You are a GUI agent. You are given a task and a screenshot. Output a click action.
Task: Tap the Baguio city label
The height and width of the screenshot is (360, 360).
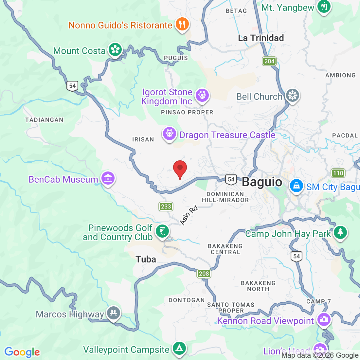coord(262,182)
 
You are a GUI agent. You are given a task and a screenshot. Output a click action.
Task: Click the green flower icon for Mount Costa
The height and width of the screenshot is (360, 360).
coord(115,50)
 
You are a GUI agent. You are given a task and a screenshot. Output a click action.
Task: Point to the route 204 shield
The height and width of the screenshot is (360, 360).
coord(269,61)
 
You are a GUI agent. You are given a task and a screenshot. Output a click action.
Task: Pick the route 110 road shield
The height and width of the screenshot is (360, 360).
coord(338,173)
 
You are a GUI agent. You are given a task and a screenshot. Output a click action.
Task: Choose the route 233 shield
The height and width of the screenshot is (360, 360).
coord(166,207)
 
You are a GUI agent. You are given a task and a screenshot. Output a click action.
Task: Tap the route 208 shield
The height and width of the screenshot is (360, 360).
coord(204,274)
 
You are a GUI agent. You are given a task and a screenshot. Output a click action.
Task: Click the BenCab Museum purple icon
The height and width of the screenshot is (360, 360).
coord(108,178)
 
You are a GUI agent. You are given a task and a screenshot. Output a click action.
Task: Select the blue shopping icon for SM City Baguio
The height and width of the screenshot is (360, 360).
coord(296,186)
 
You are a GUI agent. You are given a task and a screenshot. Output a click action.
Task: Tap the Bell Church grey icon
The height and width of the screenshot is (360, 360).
coord(292,96)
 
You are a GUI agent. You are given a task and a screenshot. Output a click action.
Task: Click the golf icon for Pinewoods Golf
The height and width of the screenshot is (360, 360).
coord(162,231)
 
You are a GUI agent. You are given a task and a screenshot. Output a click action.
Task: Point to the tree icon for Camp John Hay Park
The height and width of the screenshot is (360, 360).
coord(340,232)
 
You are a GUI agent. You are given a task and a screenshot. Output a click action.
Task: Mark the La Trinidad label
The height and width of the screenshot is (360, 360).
coord(261,38)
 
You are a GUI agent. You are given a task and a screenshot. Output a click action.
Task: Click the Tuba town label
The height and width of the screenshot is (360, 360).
coord(146,260)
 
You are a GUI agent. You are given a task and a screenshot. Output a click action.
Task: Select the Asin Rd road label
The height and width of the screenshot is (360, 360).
coord(189,215)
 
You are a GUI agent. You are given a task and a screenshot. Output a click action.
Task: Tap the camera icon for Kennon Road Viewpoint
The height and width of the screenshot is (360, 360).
coord(324,320)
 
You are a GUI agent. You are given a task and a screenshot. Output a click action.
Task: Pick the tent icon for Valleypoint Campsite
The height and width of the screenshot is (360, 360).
coord(179,349)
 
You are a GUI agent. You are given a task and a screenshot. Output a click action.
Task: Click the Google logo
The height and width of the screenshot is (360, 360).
coord(22,352)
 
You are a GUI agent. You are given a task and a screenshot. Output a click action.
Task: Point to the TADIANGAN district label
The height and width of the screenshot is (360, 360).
coord(44,120)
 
